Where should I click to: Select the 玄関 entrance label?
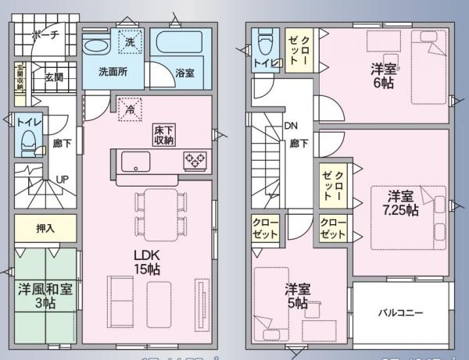[54, 77]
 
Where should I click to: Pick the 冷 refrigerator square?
[127, 109]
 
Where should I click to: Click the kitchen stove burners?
[195, 161]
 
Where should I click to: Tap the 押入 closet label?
[46, 230]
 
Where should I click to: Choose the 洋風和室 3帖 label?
[45, 295]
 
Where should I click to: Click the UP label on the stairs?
[62, 180]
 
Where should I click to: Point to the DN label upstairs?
[291, 125]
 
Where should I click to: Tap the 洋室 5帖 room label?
[296, 295]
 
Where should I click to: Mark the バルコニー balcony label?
[401, 312]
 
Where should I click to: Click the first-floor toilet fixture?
[29, 141]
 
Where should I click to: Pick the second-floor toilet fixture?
[264, 42]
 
